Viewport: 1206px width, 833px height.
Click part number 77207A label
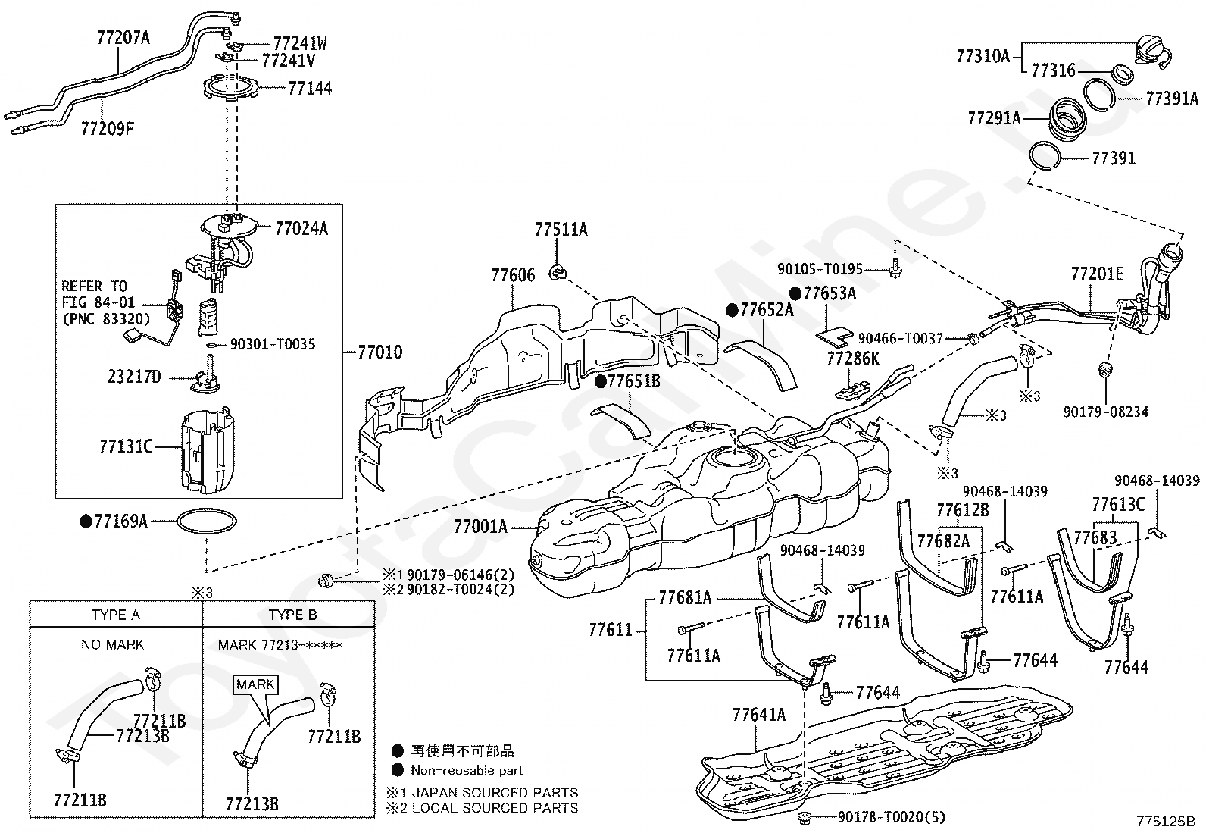(x=123, y=38)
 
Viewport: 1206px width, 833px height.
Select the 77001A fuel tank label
(x=480, y=526)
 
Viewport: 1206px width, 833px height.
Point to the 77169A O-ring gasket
(x=207, y=521)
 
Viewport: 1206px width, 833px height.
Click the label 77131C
(x=126, y=446)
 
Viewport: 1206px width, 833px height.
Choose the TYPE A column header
(x=116, y=615)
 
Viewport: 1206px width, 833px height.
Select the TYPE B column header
(x=293, y=615)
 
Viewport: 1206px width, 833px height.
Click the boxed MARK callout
(x=255, y=684)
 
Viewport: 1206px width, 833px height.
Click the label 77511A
(x=561, y=230)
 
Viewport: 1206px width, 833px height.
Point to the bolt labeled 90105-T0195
(x=895, y=268)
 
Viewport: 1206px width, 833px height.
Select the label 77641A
(x=759, y=715)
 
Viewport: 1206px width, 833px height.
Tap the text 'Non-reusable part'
(x=467, y=770)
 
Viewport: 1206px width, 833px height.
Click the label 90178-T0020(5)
(x=891, y=817)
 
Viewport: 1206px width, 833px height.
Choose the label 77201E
(x=1097, y=274)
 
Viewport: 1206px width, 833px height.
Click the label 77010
(x=380, y=352)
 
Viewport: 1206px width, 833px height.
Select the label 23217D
(x=134, y=377)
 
